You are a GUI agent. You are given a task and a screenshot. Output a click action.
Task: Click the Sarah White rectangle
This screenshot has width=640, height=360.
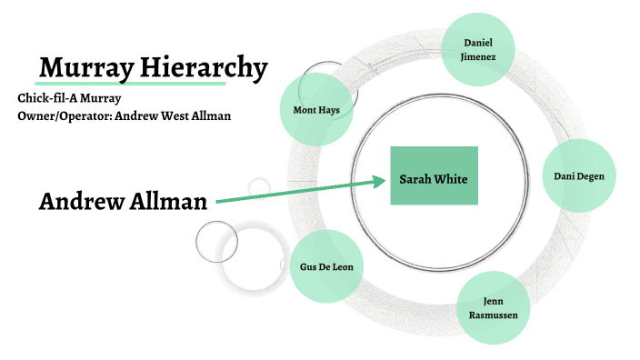click(x=434, y=175)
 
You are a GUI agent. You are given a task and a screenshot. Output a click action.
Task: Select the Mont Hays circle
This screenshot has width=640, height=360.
click(x=315, y=110)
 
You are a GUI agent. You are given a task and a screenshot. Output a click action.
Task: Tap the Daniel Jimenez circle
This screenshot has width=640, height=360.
click(x=477, y=49)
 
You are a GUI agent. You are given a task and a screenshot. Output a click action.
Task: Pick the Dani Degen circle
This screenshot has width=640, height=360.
click(x=579, y=176)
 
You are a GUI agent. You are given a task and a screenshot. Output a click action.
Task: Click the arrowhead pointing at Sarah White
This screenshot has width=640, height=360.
click(x=381, y=181)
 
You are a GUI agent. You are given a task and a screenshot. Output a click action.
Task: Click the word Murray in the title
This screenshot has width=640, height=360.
click(x=87, y=67)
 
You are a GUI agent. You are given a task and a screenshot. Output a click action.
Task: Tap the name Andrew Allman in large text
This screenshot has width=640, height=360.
click(x=123, y=202)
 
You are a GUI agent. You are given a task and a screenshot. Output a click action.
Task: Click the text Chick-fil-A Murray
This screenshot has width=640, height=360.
click(x=69, y=98)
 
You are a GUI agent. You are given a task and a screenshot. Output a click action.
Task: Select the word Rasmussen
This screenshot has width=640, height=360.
click(x=492, y=315)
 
